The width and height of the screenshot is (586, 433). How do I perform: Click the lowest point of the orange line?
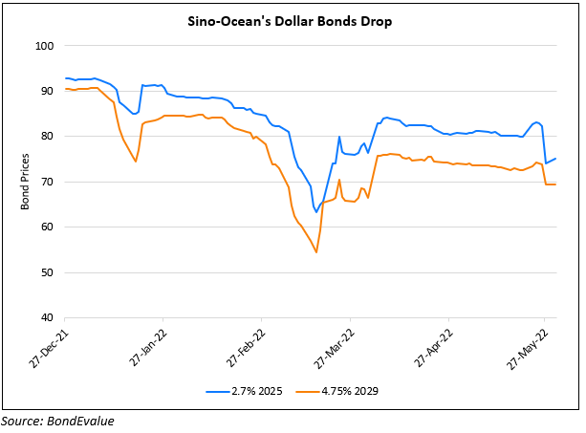tap(315, 252)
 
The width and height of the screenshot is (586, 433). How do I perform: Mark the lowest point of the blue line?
tap(315, 212)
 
